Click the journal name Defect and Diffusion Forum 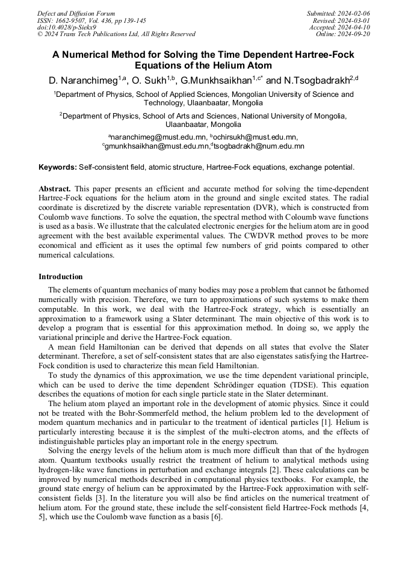(x=76, y=13)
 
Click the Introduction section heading (x=61, y=277)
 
